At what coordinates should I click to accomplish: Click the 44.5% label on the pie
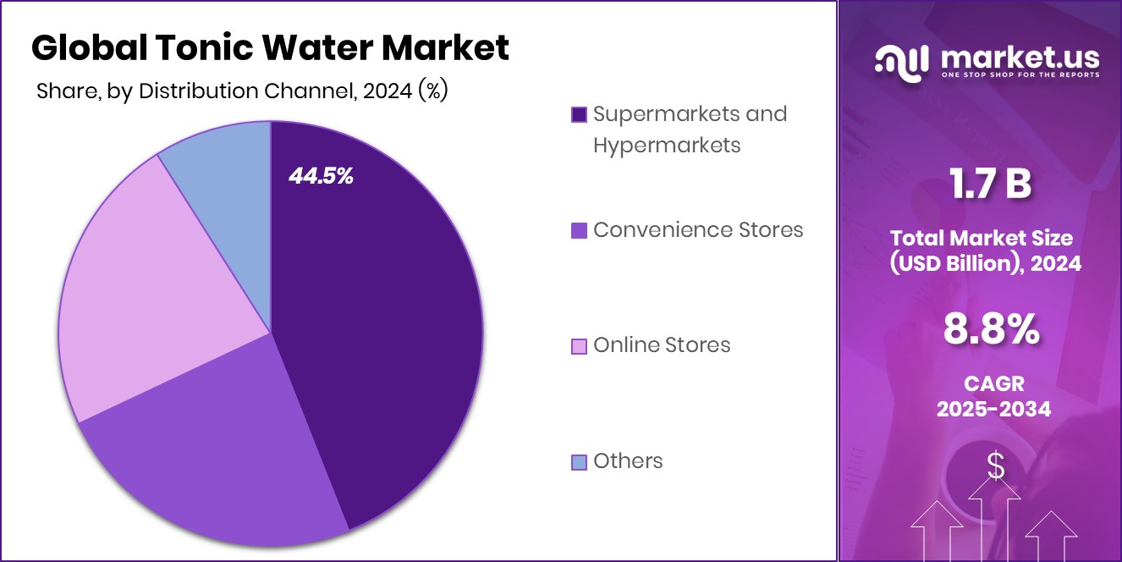(321, 176)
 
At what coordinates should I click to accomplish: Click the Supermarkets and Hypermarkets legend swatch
(579, 114)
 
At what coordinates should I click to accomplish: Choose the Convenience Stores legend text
(698, 229)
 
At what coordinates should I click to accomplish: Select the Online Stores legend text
(662, 344)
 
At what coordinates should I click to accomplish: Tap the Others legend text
(628, 460)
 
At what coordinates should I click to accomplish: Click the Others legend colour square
(579, 461)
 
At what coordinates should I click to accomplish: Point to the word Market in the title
(445, 48)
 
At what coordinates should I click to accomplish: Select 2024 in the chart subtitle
(388, 91)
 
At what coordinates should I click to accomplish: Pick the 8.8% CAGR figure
(993, 329)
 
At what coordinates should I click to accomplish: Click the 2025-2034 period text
(993, 410)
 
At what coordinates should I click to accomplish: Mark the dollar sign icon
(996, 466)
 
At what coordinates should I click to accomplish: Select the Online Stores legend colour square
(579, 345)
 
